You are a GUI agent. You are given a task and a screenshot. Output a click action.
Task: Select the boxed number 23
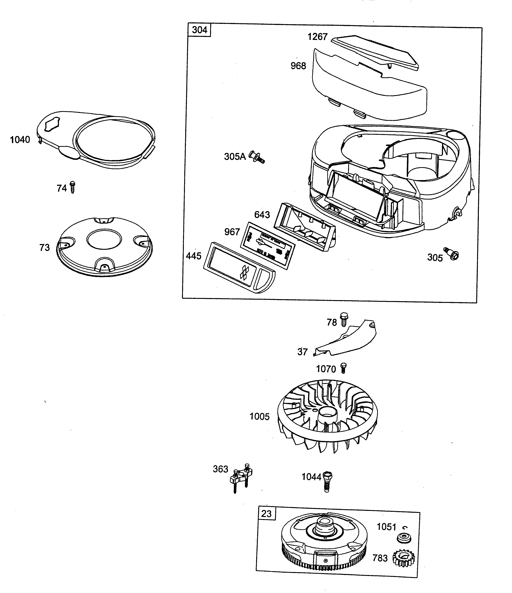point(266,514)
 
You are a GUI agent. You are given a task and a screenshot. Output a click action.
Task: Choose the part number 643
point(262,215)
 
